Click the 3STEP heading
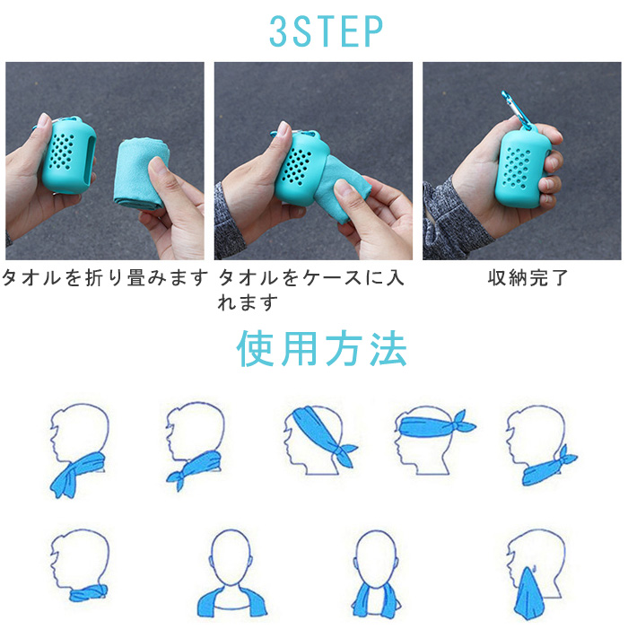(x=326, y=31)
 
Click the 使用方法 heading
(x=322, y=348)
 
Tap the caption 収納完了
(x=528, y=278)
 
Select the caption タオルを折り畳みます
(x=105, y=278)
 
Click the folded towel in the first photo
(x=140, y=174)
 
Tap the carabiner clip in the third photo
(x=515, y=109)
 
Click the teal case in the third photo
(x=522, y=168)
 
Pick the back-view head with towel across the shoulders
(x=232, y=573)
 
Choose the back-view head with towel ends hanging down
(x=375, y=574)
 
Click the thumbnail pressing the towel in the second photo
(x=343, y=188)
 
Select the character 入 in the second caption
(x=394, y=278)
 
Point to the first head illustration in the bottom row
(x=80, y=565)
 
